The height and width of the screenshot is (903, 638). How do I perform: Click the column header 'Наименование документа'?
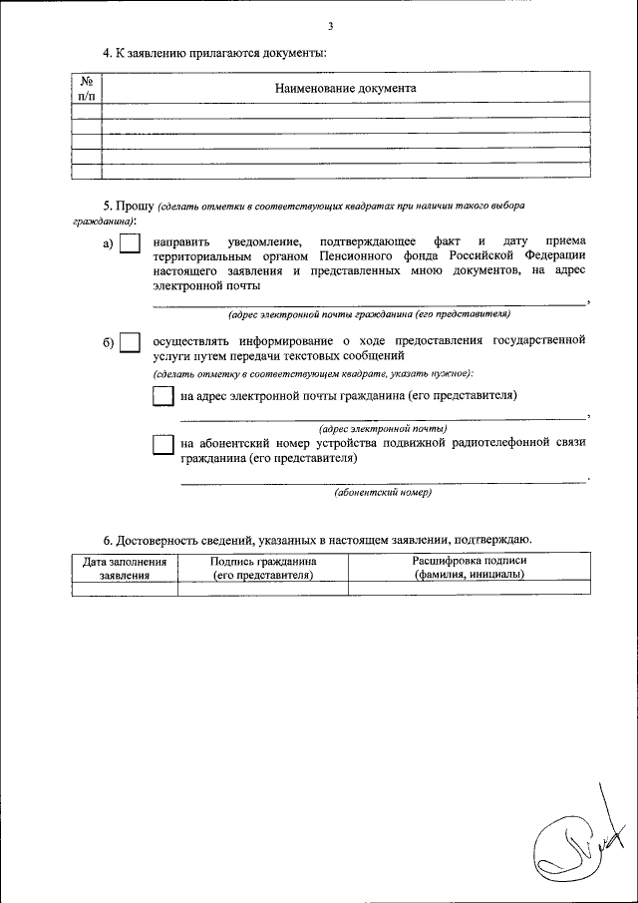(345, 88)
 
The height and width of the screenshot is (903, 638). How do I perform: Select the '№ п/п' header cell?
(87, 87)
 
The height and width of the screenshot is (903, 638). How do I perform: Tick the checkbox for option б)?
(130, 343)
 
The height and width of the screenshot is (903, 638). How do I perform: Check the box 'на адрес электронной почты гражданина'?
(162, 396)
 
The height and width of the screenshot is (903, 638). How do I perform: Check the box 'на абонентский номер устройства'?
(162, 445)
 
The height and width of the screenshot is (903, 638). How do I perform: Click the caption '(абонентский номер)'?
(383, 492)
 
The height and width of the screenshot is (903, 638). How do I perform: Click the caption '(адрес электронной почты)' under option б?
(383, 428)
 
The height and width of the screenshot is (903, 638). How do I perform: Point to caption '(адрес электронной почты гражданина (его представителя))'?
(369, 314)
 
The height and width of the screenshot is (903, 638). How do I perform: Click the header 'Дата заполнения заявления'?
(125, 568)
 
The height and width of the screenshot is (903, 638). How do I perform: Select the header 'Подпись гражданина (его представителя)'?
(262, 568)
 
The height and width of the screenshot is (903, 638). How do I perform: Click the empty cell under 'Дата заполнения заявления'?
(125, 589)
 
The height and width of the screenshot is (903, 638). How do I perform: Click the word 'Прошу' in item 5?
(134, 205)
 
